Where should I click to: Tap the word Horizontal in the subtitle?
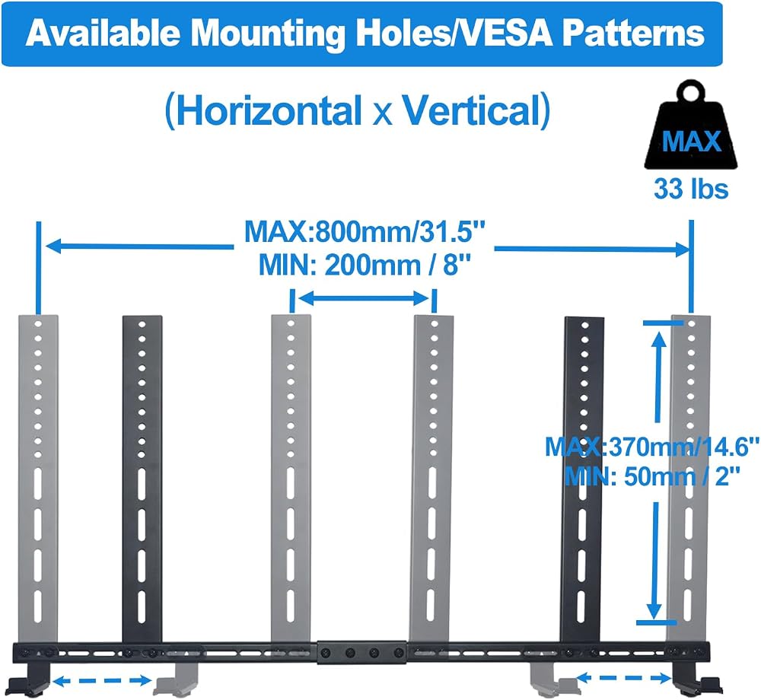(269, 110)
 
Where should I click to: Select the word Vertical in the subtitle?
(471, 110)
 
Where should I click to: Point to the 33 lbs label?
(691, 189)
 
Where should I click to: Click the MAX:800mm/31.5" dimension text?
(365, 231)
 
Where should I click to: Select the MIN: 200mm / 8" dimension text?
(365, 265)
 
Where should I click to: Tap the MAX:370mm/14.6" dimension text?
(652, 447)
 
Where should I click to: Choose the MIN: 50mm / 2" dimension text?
(652, 476)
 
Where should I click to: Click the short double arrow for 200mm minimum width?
(362, 297)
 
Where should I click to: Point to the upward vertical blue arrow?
(658, 376)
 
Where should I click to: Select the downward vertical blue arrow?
(655, 561)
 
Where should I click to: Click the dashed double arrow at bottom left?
(102, 680)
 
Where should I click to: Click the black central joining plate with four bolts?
(362, 653)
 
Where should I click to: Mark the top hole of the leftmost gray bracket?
(38, 324)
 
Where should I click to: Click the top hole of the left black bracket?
(142, 324)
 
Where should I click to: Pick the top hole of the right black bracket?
(584, 325)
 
